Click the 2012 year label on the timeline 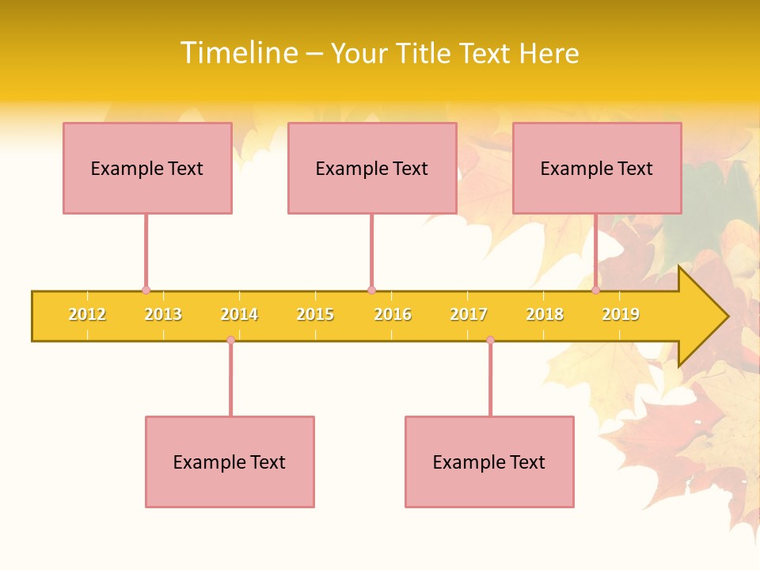click(x=87, y=314)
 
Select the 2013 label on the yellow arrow click(x=163, y=314)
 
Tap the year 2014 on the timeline click(x=239, y=314)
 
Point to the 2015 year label click(x=315, y=314)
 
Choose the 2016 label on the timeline click(x=392, y=314)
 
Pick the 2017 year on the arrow click(x=468, y=314)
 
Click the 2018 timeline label click(x=545, y=314)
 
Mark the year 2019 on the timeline click(x=621, y=314)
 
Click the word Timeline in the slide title click(x=238, y=53)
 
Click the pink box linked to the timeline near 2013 click(x=147, y=168)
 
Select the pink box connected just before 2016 click(x=372, y=168)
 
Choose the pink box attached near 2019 click(x=597, y=168)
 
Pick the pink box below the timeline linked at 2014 click(x=230, y=462)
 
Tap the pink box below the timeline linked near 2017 click(x=489, y=462)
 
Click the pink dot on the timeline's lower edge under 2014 click(x=230, y=340)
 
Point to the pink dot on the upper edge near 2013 click(x=146, y=291)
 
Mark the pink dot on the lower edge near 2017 click(x=490, y=340)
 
